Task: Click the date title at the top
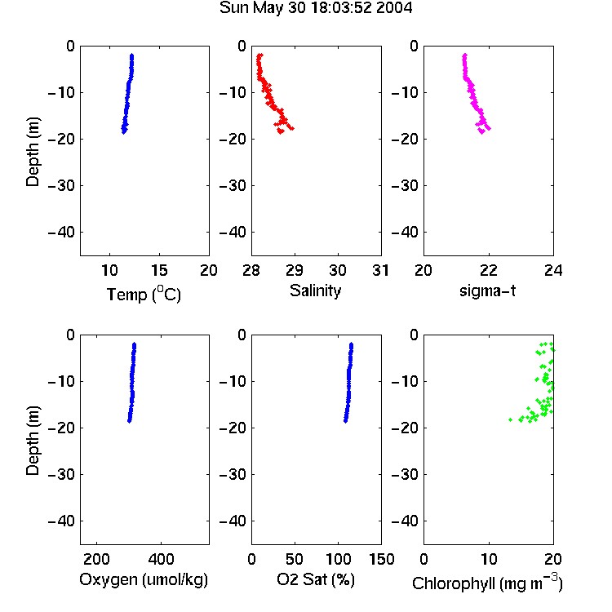coord(315,8)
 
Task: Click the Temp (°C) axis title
coord(144,294)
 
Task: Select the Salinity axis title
coord(315,290)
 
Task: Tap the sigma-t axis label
coord(487,290)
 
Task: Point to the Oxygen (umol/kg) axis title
coord(144,579)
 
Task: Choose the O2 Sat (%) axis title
coord(315,579)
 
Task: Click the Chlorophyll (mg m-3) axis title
coord(487,583)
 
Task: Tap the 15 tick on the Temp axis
coord(159,270)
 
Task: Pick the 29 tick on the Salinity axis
coord(295,270)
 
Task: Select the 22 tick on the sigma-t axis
coord(489,270)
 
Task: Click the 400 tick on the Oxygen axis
coord(161,559)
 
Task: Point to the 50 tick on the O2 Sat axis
coord(295,559)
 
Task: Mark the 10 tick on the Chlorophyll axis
coord(488,559)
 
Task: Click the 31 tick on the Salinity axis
coord(380,270)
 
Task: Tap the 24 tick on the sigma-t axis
coord(553,270)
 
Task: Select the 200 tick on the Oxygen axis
coord(96,559)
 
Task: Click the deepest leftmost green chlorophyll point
coord(511,419)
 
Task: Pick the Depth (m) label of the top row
coord(33,152)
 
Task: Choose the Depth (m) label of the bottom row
coord(33,441)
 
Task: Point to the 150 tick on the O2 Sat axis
coord(381,559)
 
